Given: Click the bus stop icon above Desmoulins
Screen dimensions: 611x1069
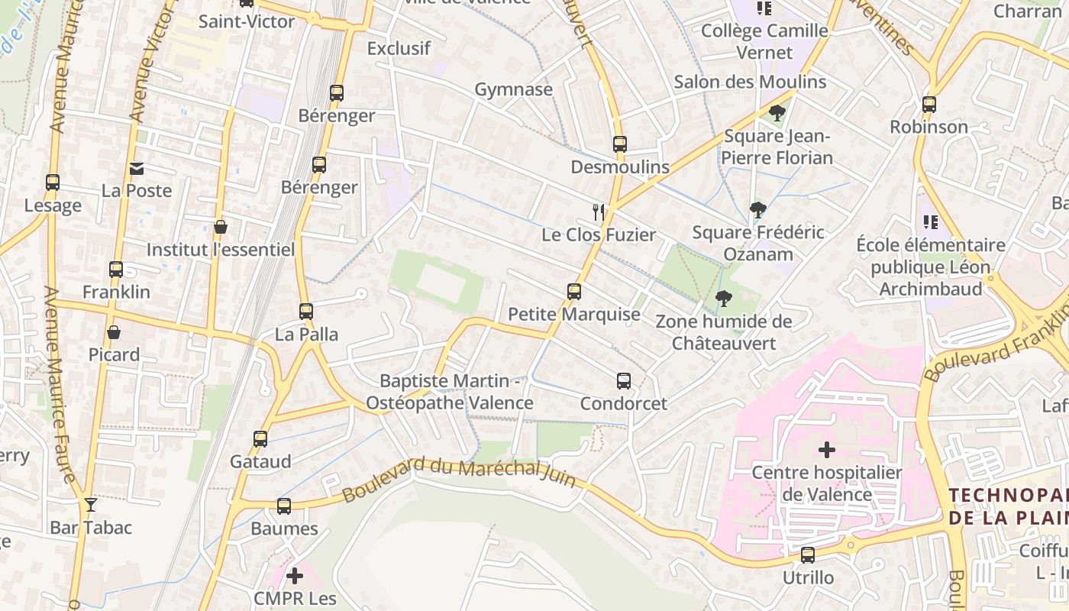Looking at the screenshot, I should coord(619,144).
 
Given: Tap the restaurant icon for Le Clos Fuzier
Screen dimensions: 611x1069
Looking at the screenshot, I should coord(599,212).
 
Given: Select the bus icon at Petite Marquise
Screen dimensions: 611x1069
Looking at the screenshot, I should coord(574,292).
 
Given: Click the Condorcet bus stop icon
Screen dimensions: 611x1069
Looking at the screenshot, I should coord(624,381).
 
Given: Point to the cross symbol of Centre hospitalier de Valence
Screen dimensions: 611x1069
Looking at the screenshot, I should coord(826,450).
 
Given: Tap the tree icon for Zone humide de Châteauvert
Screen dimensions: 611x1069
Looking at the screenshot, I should coord(723,299).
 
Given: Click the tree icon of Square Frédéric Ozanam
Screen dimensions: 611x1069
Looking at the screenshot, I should coord(757,209).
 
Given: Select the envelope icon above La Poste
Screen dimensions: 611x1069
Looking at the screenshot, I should coord(137,169).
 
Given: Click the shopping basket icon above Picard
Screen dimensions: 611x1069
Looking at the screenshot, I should coord(114,332).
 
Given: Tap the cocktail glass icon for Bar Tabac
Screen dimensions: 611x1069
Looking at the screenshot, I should coord(91,505).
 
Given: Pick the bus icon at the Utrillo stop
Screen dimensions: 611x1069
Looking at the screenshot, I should coord(808,555).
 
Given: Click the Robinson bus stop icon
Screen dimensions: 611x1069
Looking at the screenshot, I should coord(929,105).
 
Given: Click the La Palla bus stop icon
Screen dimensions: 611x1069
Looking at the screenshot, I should coord(306,312).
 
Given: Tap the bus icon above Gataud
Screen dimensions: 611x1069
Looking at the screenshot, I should coord(260,439).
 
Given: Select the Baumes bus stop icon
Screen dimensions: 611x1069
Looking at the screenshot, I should coord(284,506).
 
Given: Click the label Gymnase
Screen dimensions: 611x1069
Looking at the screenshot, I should coord(513,89).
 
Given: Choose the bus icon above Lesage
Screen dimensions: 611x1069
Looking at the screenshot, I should coord(53,183).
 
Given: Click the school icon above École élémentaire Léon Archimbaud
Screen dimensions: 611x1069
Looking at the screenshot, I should coord(930,222).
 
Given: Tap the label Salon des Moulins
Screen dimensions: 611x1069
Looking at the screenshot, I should coord(750,82).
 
